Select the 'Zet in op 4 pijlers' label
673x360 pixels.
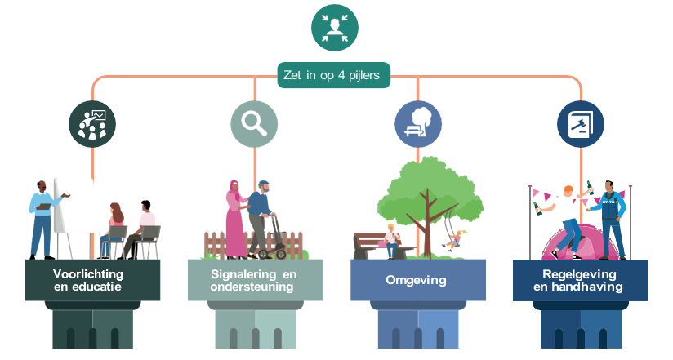click(334, 76)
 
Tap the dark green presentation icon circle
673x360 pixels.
click(92, 123)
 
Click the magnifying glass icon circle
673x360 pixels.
click(254, 123)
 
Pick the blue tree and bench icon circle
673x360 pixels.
click(417, 123)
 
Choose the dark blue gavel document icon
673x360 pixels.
click(581, 123)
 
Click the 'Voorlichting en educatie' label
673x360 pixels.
click(92, 280)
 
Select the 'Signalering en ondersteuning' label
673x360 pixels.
click(254, 280)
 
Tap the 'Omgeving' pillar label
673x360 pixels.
click(417, 280)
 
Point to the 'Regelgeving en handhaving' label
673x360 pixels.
click(580, 280)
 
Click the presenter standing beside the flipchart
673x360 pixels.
click(42, 217)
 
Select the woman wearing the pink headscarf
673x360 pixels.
click(236, 220)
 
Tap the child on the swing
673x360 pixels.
click(454, 240)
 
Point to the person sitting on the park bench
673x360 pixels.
click(391, 240)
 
